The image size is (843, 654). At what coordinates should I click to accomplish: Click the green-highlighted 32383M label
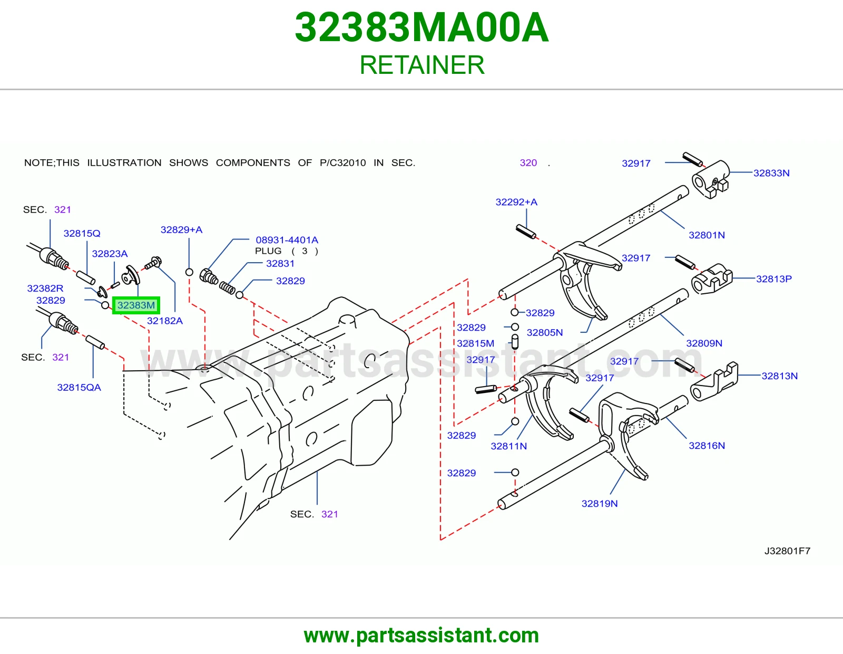136,305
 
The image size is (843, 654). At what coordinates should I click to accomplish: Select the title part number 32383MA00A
421,27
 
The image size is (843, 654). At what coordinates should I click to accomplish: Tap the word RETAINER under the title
421,65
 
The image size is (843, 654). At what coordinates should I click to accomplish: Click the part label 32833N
771,173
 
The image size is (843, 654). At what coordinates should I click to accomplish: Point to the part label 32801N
707,235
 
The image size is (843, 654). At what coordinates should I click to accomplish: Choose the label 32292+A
516,202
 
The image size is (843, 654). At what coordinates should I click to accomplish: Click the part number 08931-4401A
287,240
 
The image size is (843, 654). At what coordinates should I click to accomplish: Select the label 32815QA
79,387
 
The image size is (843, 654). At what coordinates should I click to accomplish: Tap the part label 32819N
600,503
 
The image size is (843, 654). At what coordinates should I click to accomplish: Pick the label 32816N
707,446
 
